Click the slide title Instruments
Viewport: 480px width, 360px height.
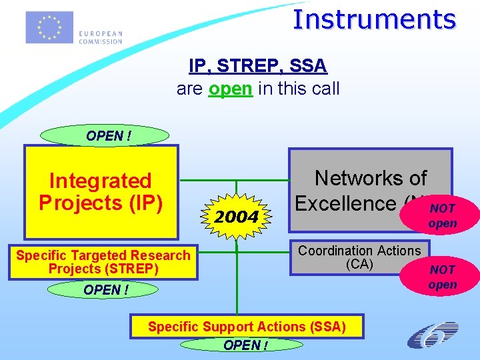(x=374, y=19)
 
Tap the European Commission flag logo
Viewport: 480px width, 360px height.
(x=49, y=27)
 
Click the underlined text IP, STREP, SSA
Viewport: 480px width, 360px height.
(x=258, y=66)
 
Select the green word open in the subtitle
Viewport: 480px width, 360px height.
(x=230, y=88)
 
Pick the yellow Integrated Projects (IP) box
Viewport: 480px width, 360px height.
(x=101, y=192)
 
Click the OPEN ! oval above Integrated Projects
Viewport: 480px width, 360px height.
(x=105, y=135)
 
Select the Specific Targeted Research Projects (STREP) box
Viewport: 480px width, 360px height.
(x=103, y=262)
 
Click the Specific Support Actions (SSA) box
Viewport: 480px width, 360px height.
(x=247, y=327)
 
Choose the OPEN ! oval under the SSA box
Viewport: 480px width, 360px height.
(x=245, y=345)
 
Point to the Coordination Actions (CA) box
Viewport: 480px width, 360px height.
(x=359, y=257)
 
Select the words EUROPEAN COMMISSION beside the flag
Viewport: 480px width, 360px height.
(x=100, y=37)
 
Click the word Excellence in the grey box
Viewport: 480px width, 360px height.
(x=345, y=203)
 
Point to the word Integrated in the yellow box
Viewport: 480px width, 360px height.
(x=101, y=181)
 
